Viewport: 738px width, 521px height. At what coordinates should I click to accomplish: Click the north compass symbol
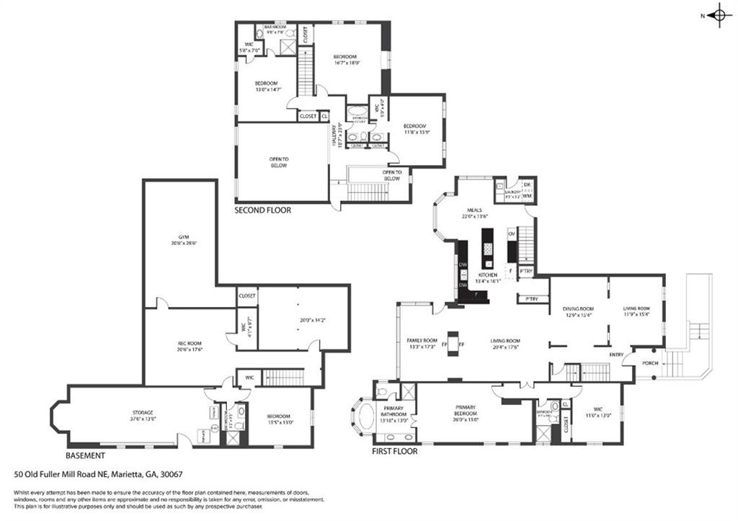718,16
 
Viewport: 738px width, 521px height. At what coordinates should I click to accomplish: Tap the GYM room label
180,239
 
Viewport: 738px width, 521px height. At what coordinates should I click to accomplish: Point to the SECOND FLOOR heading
262,210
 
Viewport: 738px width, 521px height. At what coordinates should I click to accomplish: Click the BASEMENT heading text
85,455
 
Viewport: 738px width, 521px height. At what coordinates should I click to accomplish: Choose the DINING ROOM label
578,310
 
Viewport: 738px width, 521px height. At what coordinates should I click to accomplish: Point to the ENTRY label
616,355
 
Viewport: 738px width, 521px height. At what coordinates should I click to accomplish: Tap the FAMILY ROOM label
422,341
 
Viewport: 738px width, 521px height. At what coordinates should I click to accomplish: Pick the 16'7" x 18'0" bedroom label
345,59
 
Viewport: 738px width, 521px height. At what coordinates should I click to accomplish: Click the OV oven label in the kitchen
512,233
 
